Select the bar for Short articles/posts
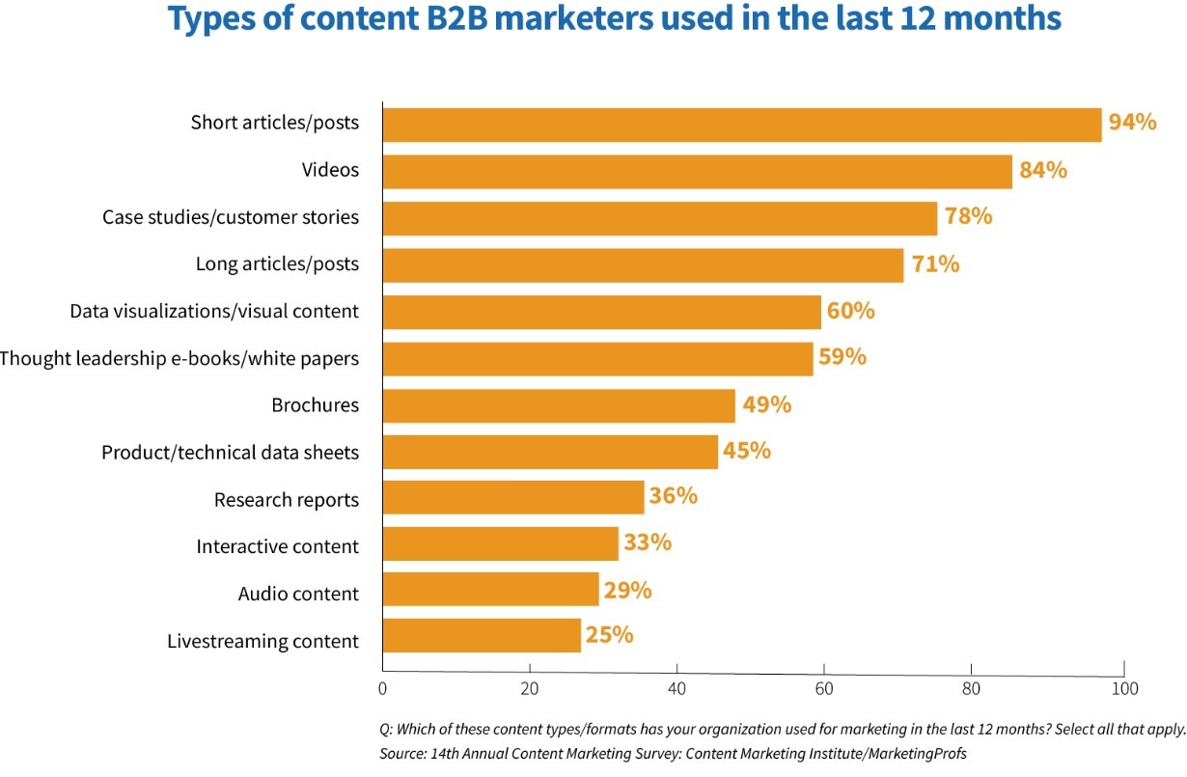(741, 125)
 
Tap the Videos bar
(697, 172)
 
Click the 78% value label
(968, 216)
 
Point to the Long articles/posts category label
(277, 264)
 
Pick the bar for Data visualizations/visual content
(601, 312)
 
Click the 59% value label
(842, 357)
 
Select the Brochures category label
(315, 405)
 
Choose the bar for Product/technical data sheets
(550, 452)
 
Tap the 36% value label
(673, 496)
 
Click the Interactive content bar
(500, 544)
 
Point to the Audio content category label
(298, 594)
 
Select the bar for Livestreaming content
(482, 637)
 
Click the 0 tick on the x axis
(383, 689)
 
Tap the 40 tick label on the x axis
(676, 689)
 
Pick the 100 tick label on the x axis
(1124, 689)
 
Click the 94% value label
(1132, 123)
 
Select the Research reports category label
(286, 500)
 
